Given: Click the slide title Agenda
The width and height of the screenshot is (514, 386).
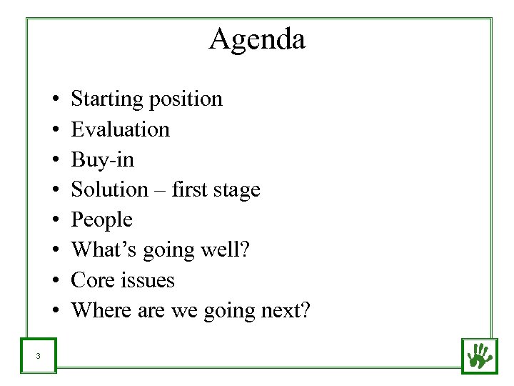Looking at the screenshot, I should (257, 39).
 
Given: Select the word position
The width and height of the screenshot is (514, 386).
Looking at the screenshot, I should (187, 99).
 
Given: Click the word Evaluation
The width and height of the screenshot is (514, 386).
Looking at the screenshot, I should (121, 129).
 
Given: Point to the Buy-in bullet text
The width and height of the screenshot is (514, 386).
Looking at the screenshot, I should (103, 159).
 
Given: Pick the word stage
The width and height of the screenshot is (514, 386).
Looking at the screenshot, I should (238, 189).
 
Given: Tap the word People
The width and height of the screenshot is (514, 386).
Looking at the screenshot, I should (102, 219).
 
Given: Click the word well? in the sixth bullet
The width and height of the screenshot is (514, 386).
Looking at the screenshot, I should (229, 249).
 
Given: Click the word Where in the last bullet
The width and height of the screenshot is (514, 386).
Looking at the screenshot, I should (98, 310).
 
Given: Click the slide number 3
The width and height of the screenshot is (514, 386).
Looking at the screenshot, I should (37, 356).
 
